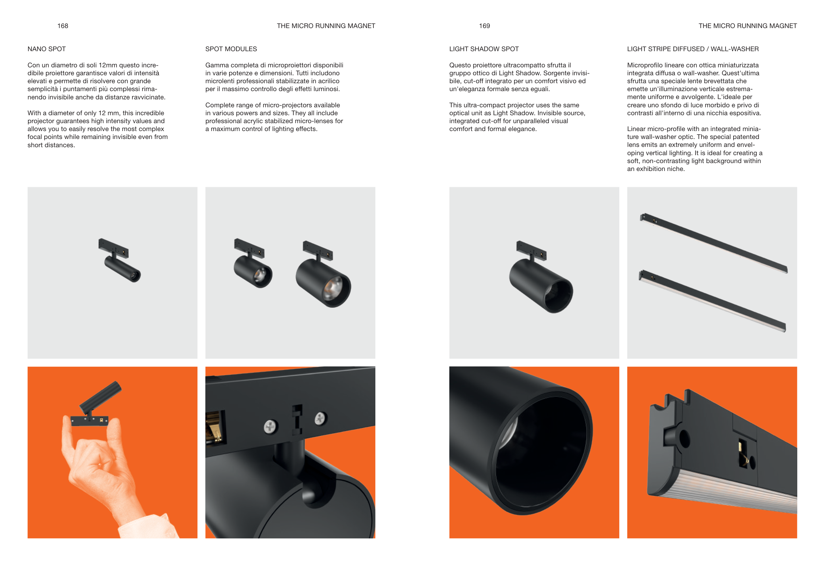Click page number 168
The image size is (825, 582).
coord(62,26)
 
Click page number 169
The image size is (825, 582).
coord(484,26)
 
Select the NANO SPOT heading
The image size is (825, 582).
coord(47,49)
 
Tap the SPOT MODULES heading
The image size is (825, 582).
coord(231,49)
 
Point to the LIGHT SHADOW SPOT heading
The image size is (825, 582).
coord(484,49)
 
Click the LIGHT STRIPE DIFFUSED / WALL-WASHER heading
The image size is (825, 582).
coord(693,49)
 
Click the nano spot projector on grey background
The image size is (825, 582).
coord(120,260)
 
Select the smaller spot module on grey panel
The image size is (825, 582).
coord(253,263)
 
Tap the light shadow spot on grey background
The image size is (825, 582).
coord(541,277)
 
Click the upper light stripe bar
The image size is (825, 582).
coord(714,243)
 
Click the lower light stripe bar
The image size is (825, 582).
coord(712,301)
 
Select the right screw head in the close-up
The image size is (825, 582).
coord(320,418)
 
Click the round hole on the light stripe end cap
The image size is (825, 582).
coord(684,438)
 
